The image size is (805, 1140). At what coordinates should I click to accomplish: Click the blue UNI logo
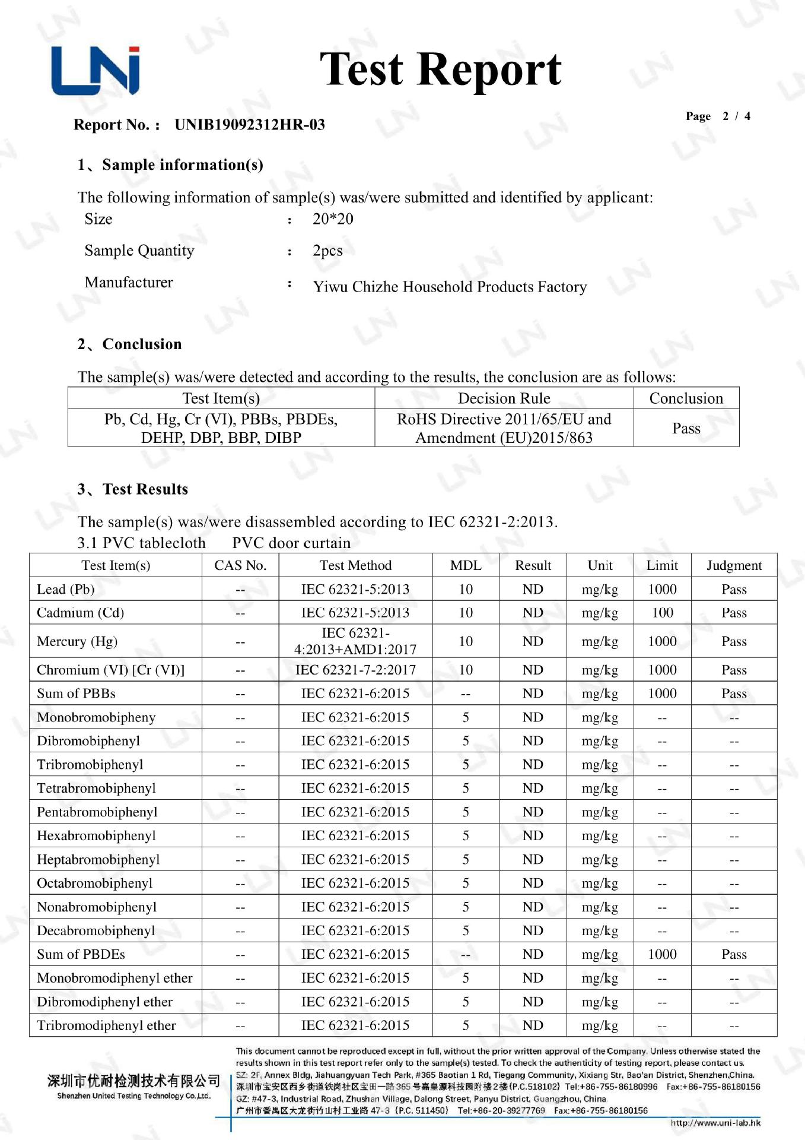click(x=96, y=71)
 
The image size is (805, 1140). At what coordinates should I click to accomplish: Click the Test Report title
click(x=440, y=69)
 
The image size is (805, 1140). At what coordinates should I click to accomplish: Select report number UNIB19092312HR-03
click(x=249, y=125)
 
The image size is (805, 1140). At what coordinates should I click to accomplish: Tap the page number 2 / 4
click(x=736, y=116)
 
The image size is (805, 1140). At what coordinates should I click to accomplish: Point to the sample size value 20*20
click(x=333, y=219)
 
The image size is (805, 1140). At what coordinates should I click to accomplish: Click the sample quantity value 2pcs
click(x=327, y=251)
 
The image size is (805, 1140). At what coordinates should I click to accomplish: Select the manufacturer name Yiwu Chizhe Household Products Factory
click(x=450, y=287)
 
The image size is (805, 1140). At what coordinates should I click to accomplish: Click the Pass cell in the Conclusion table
click(x=686, y=428)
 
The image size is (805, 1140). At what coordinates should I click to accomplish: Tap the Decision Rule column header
click(x=504, y=398)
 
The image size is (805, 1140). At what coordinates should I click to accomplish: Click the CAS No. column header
click(x=240, y=565)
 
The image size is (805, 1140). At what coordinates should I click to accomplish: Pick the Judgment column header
click(x=734, y=565)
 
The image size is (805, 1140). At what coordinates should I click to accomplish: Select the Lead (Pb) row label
click(x=66, y=589)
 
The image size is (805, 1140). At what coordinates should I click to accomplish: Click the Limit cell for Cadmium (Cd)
click(x=662, y=613)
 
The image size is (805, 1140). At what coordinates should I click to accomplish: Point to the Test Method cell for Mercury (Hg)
click(x=355, y=641)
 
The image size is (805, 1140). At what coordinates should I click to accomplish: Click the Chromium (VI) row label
click(x=110, y=670)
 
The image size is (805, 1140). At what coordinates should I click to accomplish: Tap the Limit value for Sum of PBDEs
click(x=662, y=954)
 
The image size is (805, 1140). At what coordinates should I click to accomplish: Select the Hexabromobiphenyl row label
click(x=96, y=835)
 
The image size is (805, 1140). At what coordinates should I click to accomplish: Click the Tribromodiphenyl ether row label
click(x=106, y=1025)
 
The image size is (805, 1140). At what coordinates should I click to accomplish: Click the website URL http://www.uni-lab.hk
click(x=715, y=1122)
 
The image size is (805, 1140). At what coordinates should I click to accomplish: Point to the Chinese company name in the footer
click(x=133, y=1081)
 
